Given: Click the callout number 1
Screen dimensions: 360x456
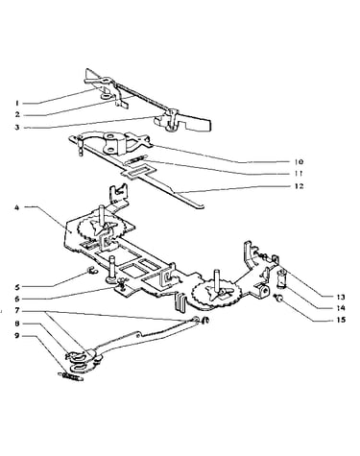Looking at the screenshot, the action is (16, 104).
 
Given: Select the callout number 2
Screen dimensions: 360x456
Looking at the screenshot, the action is (17, 115).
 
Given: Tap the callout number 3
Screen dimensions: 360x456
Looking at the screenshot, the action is (17, 128).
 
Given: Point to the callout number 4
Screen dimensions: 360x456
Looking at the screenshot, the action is (17, 207).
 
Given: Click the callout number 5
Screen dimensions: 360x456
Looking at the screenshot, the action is (17, 287).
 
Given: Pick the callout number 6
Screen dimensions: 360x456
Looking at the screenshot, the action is (17, 299).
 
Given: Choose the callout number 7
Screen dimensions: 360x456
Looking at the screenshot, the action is (17, 311).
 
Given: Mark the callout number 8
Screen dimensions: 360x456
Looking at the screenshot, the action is (17, 324).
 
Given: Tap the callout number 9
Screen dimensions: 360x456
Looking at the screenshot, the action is (17, 336).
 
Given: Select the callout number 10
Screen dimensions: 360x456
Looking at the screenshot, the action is (299, 162).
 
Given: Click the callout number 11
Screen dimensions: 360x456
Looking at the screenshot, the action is (299, 174).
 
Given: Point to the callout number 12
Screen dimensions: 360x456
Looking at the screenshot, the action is (299, 186).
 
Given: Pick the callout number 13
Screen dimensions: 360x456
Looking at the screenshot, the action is (341, 298).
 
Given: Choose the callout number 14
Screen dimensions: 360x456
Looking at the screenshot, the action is (341, 308).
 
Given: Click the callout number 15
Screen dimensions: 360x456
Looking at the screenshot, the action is (341, 320).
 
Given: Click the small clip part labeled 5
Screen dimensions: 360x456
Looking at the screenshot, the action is (90, 272).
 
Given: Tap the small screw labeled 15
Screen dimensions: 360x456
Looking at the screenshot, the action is (278, 299).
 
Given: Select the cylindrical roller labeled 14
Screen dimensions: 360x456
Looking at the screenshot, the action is (281, 277).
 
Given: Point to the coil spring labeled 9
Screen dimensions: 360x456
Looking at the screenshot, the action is (71, 376).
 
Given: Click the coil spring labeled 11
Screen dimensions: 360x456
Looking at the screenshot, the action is (135, 159).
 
